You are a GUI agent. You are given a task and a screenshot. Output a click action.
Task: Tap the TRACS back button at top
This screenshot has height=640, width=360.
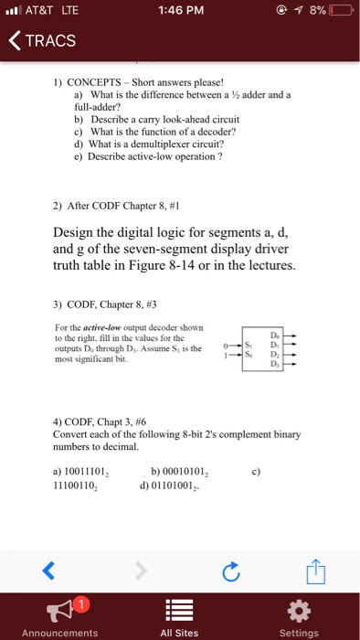point(41,41)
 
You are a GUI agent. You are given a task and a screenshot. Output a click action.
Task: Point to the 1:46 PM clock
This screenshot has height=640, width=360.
point(179,14)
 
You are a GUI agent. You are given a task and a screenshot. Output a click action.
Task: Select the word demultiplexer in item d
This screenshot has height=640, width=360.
point(154,143)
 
